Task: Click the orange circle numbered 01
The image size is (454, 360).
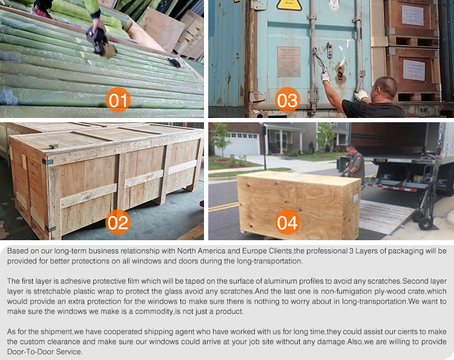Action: (x=118, y=100)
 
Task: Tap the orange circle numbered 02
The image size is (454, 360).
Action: (x=118, y=222)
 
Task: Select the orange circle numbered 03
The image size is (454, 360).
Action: (x=287, y=100)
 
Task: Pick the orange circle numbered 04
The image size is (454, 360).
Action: (x=287, y=222)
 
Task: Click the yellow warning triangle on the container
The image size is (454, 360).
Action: (x=289, y=5)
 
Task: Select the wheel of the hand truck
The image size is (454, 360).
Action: (x=425, y=223)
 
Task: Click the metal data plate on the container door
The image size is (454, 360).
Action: (x=288, y=62)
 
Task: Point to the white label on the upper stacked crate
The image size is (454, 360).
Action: (x=413, y=15)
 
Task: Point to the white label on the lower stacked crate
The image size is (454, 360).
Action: (x=414, y=70)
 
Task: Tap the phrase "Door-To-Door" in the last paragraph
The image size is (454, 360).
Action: (x=31, y=352)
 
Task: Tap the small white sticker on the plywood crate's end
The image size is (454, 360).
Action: (x=355, y=198)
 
